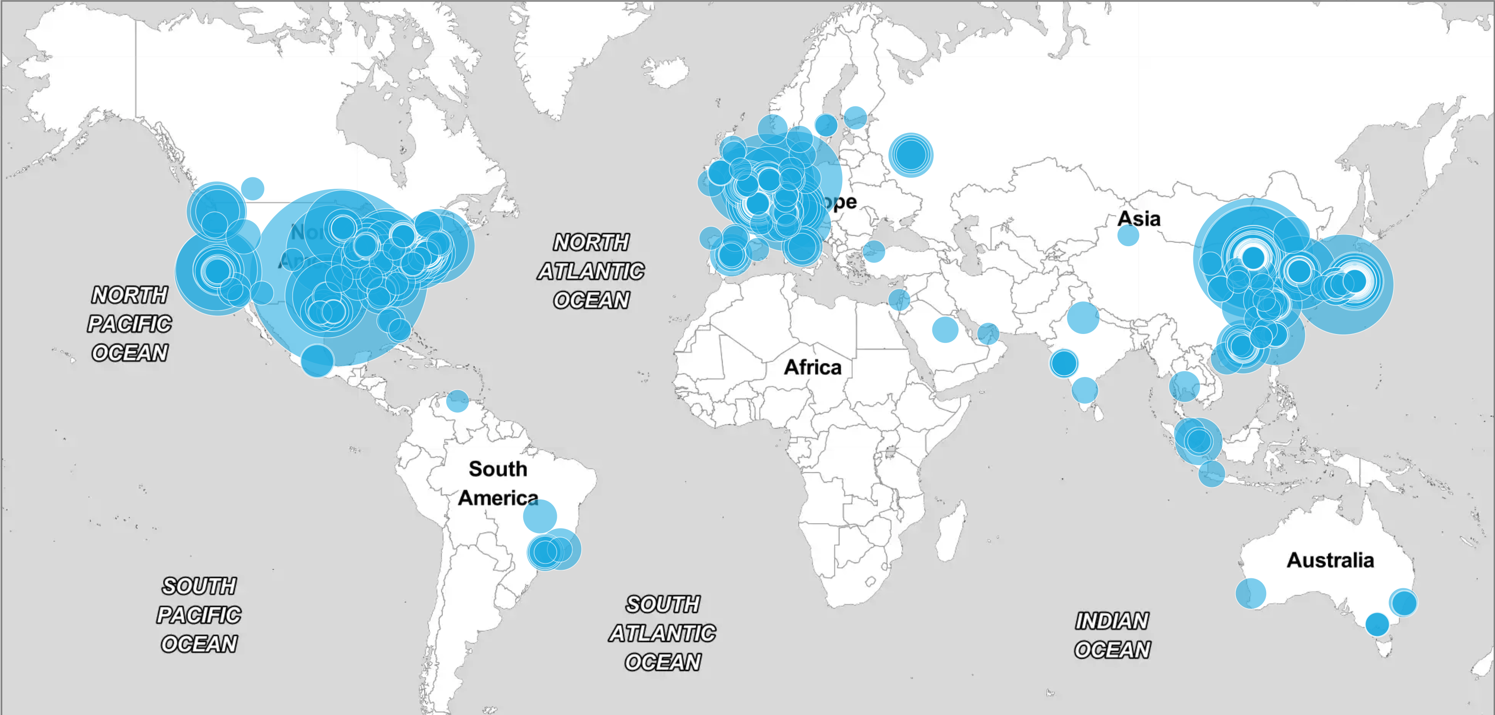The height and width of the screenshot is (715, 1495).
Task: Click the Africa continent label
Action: (812, 367)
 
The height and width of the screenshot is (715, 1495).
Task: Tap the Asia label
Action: (1138, 219)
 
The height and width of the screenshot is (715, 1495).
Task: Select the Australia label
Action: (1330, 560)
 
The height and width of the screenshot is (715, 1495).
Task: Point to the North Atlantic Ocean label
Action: (591, 271)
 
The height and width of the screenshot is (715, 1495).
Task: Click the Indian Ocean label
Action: (1111, 635)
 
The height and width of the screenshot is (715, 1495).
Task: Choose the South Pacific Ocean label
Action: (199, 615)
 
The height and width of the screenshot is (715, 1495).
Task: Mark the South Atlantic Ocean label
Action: (663, 633)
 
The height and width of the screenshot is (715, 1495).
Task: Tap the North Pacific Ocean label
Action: (130, 324)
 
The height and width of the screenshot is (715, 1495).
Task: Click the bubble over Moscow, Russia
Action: (911, 155)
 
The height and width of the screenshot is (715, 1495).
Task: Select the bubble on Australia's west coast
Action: (1251, 593)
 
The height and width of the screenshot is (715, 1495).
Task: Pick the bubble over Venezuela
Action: (457, 400)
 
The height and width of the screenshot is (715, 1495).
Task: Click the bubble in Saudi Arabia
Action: (945, 329)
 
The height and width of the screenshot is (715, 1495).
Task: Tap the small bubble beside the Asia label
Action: (1128, 235)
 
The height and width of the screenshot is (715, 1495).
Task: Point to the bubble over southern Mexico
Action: (317, 360)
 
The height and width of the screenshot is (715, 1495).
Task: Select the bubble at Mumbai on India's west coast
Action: (1064, 363)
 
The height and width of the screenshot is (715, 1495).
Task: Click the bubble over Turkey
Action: (873, 251)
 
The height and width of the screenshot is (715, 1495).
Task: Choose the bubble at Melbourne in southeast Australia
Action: (1377, 624)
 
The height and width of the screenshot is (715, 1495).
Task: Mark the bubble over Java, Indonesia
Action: (1212, 474)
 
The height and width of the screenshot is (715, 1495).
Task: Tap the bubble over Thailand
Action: (1184, 386)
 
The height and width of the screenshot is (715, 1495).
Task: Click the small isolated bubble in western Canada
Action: (252, 188)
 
